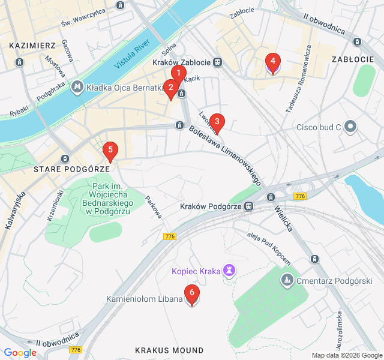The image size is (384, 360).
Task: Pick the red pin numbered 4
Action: tap(273, 62)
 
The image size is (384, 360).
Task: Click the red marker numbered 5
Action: tap(110, 152)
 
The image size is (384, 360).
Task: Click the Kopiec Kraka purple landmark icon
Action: tap(229, 271)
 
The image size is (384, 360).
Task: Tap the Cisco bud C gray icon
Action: tap(351, 127)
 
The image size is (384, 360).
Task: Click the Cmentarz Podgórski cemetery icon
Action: tap(288, 280)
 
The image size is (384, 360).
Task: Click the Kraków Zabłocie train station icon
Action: tap(217, 62)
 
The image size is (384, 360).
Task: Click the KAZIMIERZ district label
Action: tap(32, 45)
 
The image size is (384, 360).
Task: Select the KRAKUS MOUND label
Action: tap(169, 350)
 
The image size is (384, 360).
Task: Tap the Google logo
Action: tap(20, 353)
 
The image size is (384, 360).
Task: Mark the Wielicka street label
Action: tap(283, 219)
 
